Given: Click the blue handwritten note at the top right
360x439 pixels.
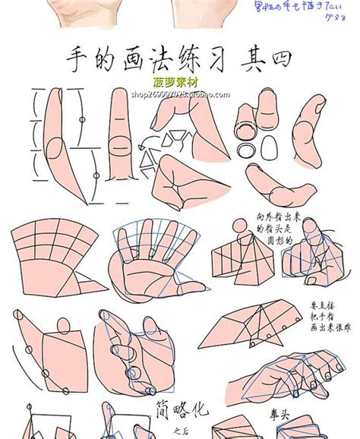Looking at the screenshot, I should coord(306,11).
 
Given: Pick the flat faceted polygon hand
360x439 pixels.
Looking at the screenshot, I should coord(251,318).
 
